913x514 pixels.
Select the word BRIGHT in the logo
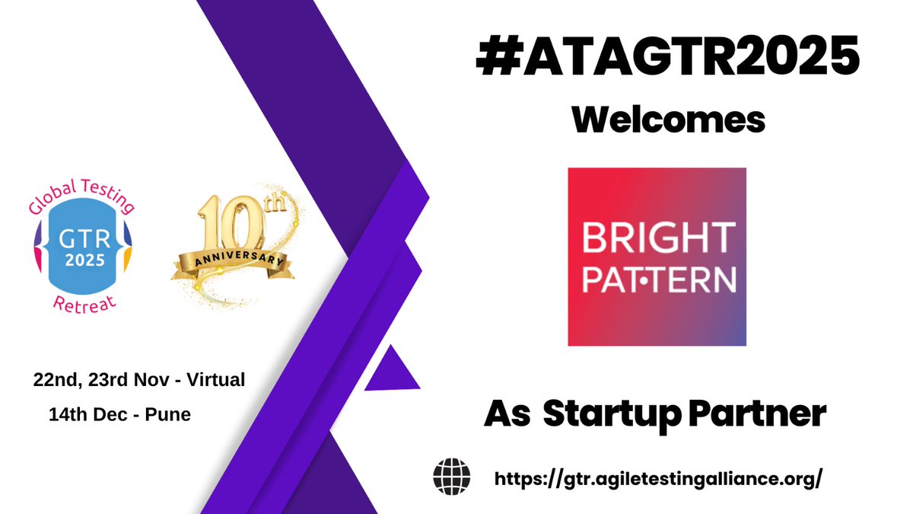point(658,238)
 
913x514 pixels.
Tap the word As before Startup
point(507,415)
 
